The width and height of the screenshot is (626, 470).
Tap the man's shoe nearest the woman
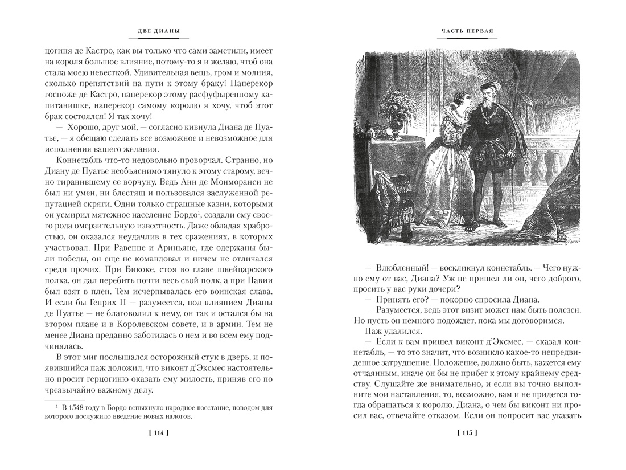tap(486, 227)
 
